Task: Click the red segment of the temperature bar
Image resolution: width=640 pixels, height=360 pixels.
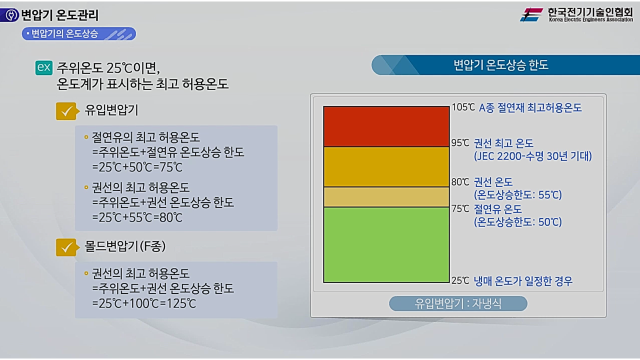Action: [x=386, y=126]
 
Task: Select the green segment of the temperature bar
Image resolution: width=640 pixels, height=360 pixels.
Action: [x=386, y=244]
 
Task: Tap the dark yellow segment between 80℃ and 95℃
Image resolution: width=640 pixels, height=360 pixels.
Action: [x=386, y=167]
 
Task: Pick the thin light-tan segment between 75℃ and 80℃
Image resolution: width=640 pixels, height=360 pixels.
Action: [x=386, y=197]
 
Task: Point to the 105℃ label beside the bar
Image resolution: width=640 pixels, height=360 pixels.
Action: [x=463, y=107]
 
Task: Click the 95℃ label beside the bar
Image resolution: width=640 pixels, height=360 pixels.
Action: [x=460, y=143]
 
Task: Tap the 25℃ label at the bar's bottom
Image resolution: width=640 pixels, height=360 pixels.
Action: [x=460, y=281]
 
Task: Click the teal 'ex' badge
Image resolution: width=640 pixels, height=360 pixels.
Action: [x=44, y=67]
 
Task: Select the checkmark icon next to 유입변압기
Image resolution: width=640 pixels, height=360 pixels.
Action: [x=66, y=111]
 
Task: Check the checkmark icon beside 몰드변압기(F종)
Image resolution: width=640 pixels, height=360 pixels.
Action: [x=66, y=247]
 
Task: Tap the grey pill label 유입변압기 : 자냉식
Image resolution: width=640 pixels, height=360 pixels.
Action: [x=458, y=303]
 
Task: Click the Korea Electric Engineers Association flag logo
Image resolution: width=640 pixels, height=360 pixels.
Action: [x=531, y=14]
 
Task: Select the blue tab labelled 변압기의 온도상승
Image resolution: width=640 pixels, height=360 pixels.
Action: [x=78, y=34]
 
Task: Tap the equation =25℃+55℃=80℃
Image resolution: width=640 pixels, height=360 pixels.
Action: [x=137, y=217]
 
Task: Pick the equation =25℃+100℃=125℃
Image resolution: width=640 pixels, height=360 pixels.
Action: [x=144, y=303]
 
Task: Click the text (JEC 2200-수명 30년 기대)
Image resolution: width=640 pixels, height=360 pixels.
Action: [x=532, y=156]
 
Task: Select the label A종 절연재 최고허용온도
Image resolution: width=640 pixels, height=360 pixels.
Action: [x=530, y=107]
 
